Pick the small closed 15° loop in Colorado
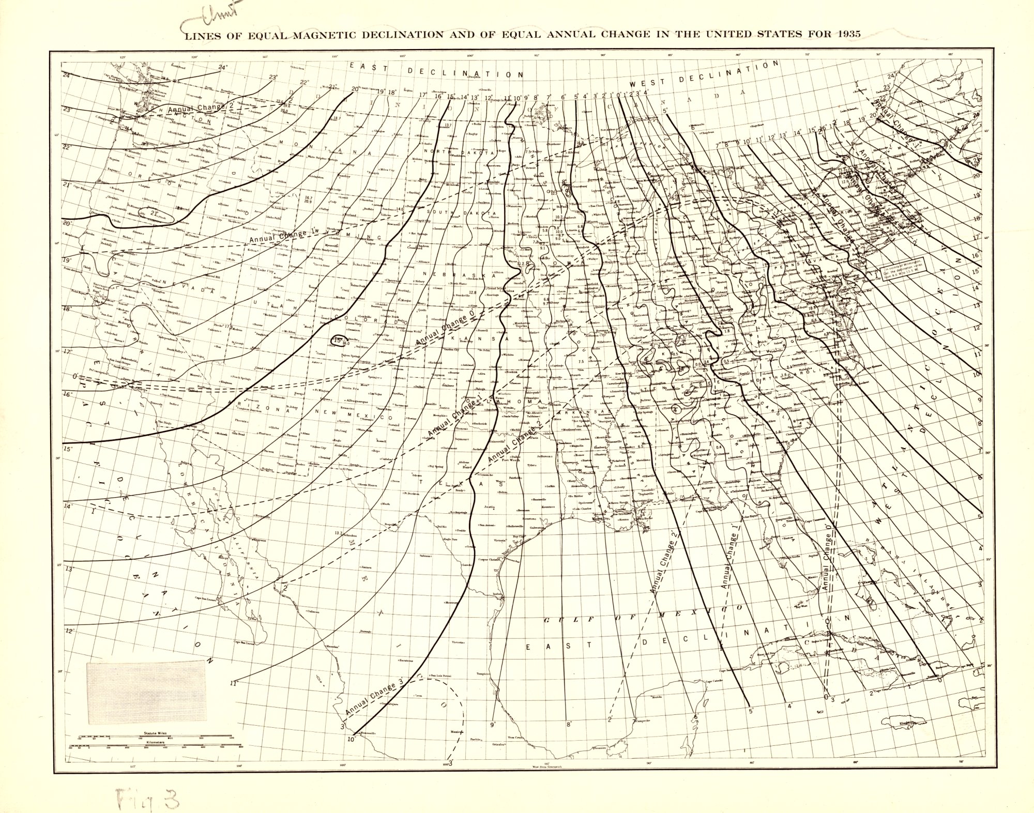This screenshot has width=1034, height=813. pyautogui.click(x=339, y=341)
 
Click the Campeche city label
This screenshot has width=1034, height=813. pyautogui.click(x=645, y=720)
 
